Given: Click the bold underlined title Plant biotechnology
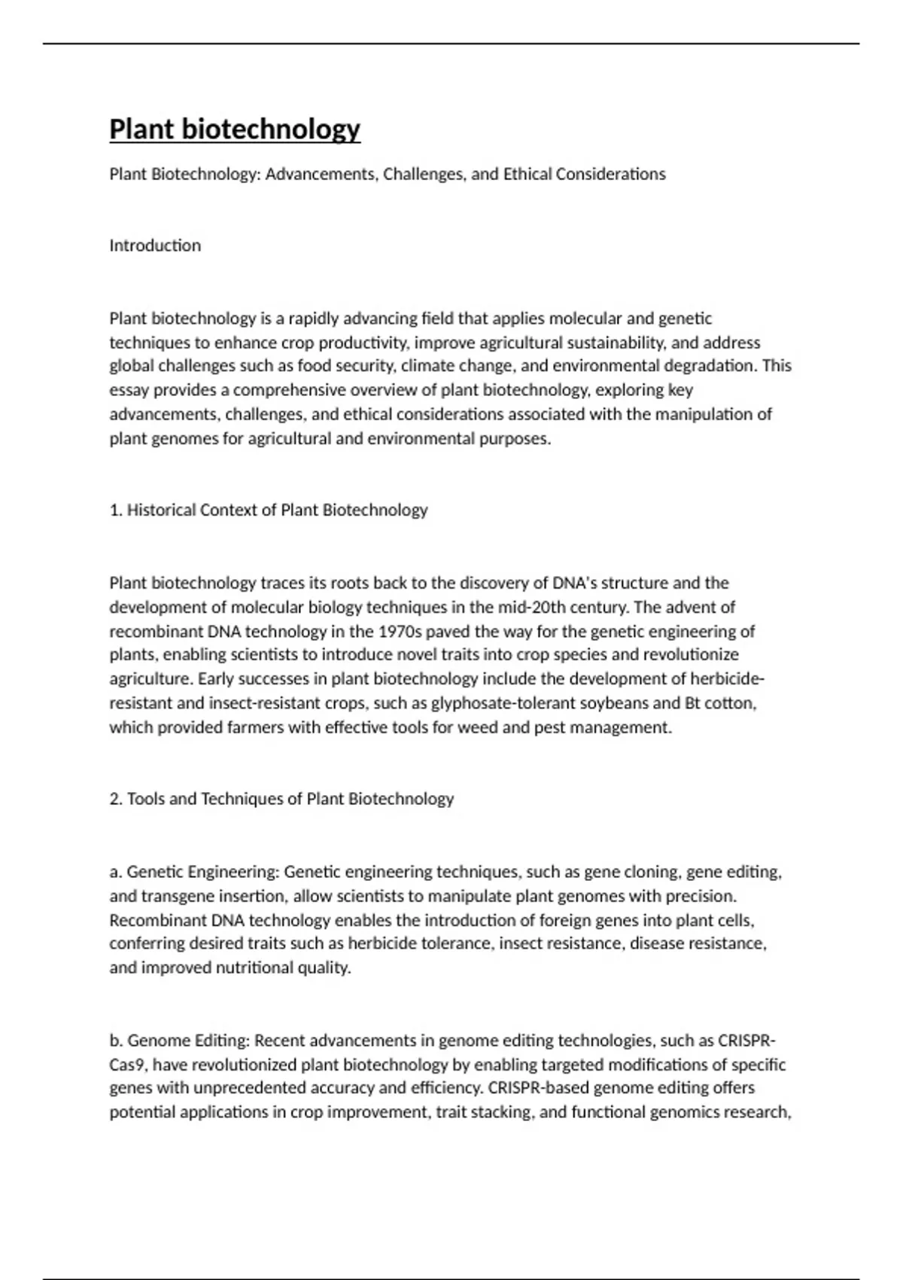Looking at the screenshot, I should click(x=235, y=129).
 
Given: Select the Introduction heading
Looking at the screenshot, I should click(x=155, y=245).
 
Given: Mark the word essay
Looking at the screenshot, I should click(x=129, y=390).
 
